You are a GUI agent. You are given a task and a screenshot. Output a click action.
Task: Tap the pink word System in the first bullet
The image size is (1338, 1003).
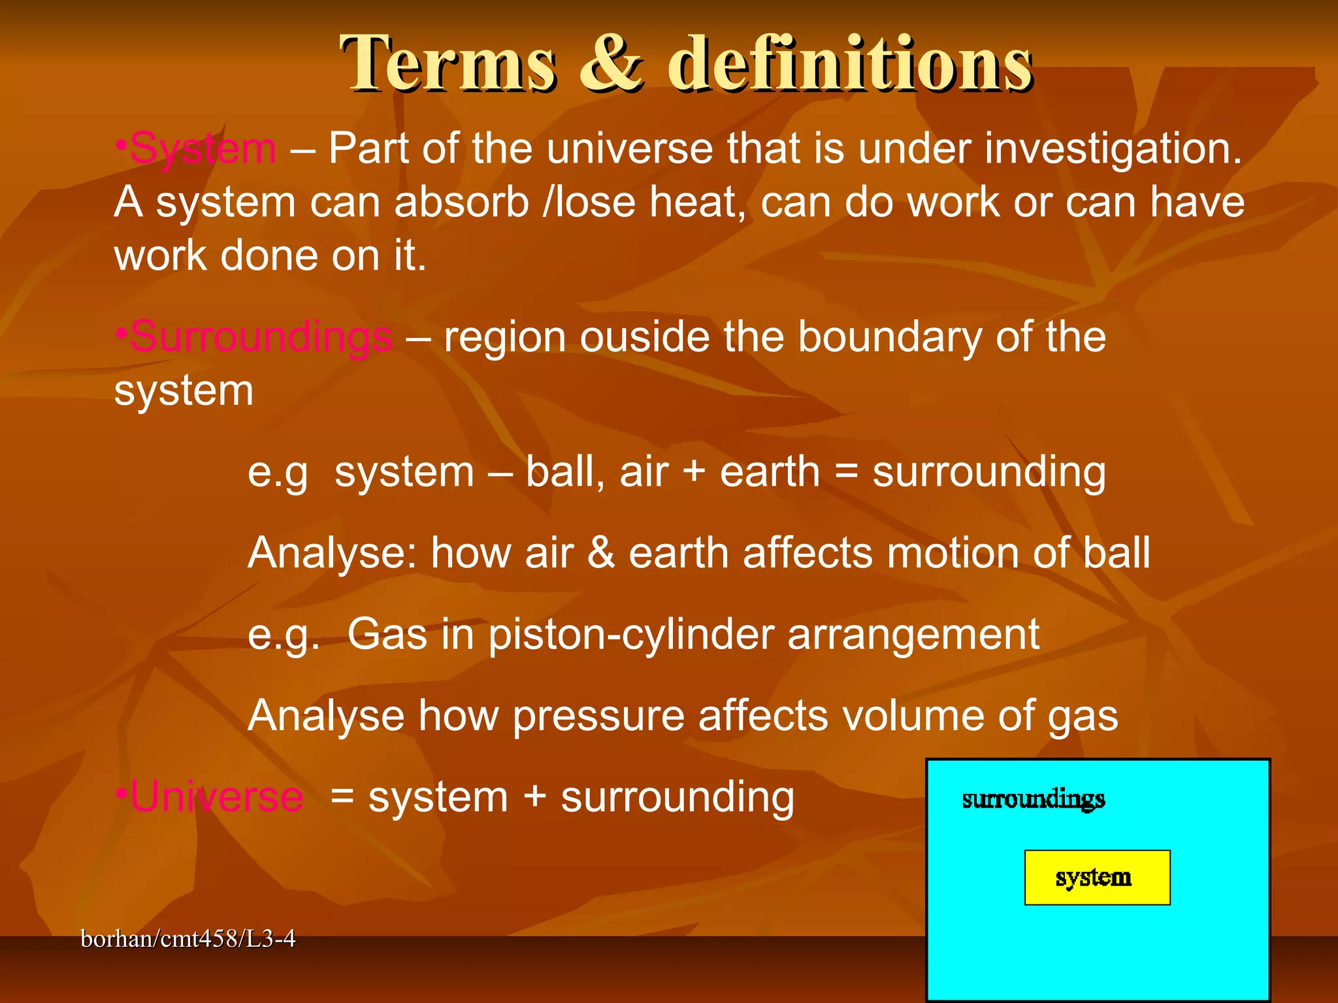coord(203,149)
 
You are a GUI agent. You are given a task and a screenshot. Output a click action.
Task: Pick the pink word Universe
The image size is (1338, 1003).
coord(216,797)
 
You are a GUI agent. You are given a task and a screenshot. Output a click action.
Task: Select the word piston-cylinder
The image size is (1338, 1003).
coord(630,635)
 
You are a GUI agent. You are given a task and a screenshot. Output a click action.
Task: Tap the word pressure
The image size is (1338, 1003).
coord(598,716)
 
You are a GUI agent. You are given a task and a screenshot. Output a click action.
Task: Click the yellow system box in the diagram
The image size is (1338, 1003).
coord(1096,877)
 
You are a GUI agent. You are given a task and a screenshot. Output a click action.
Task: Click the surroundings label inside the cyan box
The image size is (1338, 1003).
coord(1033,799)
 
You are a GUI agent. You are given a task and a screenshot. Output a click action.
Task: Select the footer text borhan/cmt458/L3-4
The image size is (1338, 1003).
coord(188,939)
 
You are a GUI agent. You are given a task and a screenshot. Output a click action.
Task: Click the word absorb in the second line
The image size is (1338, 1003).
coord(461,202)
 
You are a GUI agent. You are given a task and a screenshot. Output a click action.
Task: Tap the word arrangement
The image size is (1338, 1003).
coord(913,635)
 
